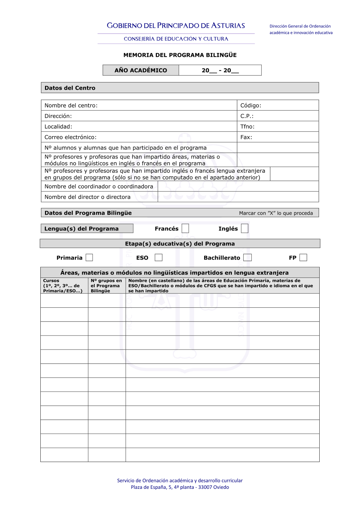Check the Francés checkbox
pos(185,229)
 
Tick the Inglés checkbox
pos(245,229)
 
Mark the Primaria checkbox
pos(89,258)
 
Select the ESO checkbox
pos(158,258)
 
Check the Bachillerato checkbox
pos(247,258)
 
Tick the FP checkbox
pos(303,258)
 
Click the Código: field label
pos(251,105)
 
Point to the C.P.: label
pos(247,116)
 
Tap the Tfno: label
pos(247,127)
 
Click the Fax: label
pos(246,137)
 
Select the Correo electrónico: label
pos(71,137)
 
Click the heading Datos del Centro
pos(70,88)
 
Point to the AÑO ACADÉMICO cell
pos(141,70)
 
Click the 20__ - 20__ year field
pos(220,70)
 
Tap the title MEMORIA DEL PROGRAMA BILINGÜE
pos(180,55)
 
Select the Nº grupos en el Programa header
pos(106,286)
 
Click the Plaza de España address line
pos(180,487)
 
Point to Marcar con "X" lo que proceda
pos(276,213)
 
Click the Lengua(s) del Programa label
pos(81,229)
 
